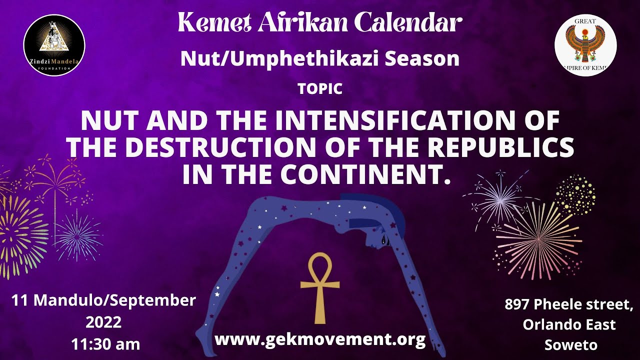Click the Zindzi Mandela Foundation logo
pos(54,45)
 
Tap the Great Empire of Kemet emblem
pos(585,45)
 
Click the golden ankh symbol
pos(320,287)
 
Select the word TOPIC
pos(320,89)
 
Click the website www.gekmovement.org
pos(320,339)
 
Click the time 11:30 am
pos(105,344)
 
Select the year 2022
pos(103,322)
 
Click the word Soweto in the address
pos(570,345)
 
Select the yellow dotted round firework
pos(575,194)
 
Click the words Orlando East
pos(569,324)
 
